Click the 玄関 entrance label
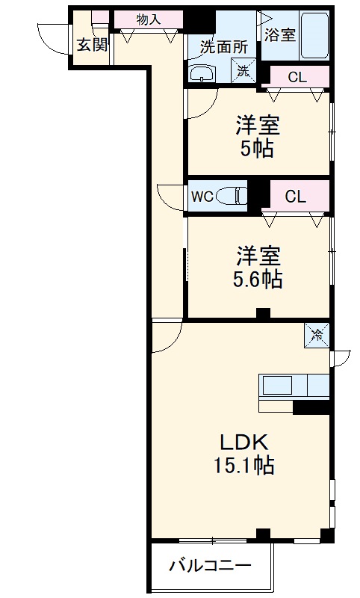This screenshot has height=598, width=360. tap(90, 44)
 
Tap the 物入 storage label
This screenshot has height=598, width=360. tap(149, 19)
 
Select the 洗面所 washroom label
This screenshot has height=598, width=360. tap(223, 46)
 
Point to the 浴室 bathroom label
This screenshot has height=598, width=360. tap(280, 34)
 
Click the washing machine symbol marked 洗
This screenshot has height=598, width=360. tap(243, 72)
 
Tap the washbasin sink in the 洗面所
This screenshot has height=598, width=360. tap(202, 73)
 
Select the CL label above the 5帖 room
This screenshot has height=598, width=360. tap(297, 76)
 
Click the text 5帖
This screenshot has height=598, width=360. tap(256, 148)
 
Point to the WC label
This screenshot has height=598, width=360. tap(202, 197)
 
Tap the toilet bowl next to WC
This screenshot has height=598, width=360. tap(236, 197)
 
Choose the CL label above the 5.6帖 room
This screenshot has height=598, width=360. tap(296, 197)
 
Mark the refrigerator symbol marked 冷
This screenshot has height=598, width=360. tap(317, 335)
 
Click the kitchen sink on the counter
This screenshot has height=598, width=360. tap(277, 386)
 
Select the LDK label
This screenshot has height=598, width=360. tap(243, 440)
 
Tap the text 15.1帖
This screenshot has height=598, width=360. tap(243, 466)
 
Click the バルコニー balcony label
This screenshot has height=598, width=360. tap(209, 566)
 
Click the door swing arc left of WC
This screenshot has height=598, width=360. tap(171, 199)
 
